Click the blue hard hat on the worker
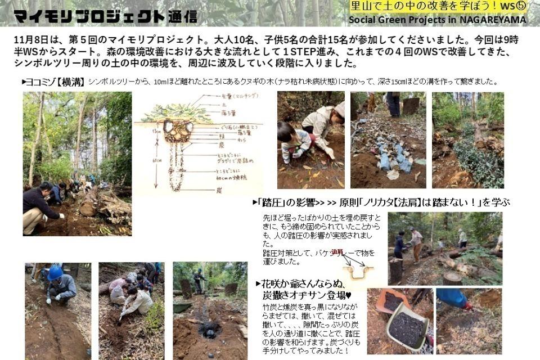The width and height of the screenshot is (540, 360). (x=55, y=273)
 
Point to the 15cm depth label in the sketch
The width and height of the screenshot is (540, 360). (x=156, y=130)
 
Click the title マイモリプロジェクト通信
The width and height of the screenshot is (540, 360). (x=105, y=16)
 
